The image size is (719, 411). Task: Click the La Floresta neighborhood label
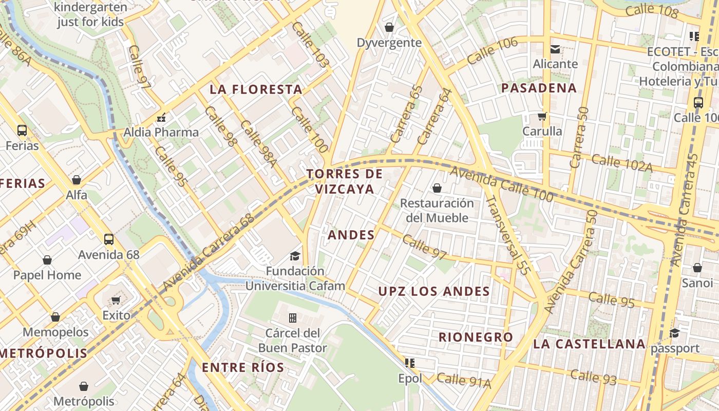256,89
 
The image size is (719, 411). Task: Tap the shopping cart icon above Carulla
542,117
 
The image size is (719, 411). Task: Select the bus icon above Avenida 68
109,239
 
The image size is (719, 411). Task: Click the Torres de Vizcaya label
345,181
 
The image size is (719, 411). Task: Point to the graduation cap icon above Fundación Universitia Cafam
295,256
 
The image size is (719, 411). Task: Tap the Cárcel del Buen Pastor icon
293,318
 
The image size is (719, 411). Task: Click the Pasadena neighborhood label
539,88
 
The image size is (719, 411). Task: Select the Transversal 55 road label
506,235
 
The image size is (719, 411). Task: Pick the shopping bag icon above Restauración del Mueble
437,189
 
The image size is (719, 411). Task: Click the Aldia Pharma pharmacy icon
161,118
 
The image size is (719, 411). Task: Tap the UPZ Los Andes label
434,291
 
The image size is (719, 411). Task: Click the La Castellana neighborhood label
589,344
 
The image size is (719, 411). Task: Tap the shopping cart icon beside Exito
116,300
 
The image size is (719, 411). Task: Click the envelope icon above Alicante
555,49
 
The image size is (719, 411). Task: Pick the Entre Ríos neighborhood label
243,367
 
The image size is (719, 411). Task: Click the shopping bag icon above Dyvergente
389,27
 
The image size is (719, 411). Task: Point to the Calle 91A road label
464,380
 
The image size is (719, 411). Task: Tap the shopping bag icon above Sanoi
697,268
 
